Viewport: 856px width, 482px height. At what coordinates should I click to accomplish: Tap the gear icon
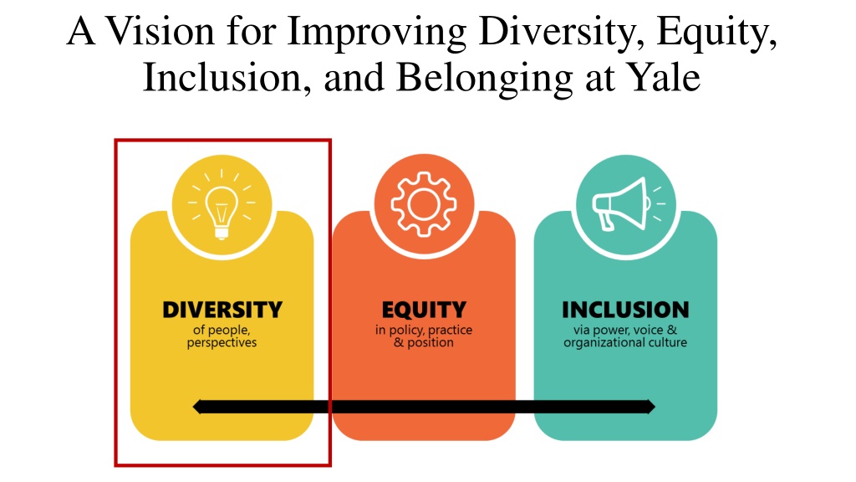[x=424, y=204]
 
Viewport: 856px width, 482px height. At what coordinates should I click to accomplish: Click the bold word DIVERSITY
[x=222, y=310]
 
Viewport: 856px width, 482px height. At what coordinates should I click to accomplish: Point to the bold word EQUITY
[x=424, y=310]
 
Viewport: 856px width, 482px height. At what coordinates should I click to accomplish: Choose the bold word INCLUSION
[x=625, y=310]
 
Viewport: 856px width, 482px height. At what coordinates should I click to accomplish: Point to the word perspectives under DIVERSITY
[x=222, y=343]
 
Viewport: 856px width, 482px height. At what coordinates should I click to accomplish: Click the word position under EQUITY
[x=431, y=343]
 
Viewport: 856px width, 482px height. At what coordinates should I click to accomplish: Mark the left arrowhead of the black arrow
[x=197, y=407]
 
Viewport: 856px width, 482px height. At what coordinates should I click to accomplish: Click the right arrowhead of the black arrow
[x=650, y=407]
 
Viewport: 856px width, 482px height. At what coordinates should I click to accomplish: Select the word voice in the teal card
[x=648, y=330]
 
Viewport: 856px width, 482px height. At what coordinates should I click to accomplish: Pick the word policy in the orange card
[x=406, y=331]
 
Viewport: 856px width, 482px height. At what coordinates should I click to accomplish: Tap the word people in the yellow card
[x=229, y=331]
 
